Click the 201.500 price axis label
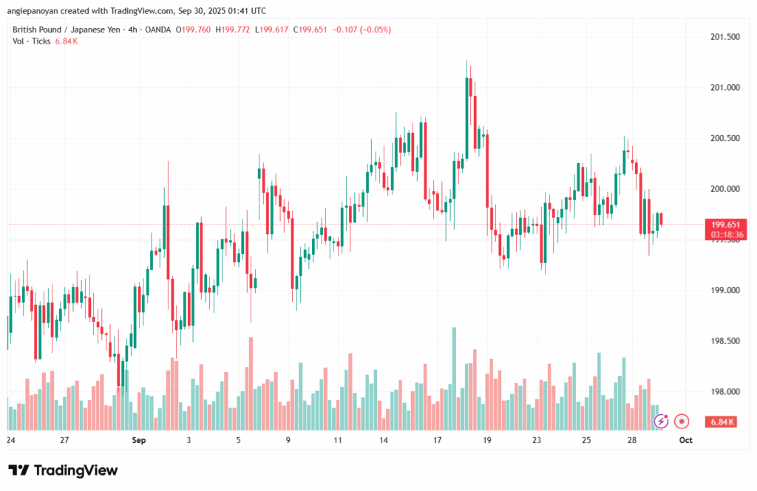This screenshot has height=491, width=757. (x=724, y=37)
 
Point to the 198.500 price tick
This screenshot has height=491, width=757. (x=724, y=341)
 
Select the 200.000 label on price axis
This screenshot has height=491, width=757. (x=724, y=189)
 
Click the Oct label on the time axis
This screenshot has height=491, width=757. (x=685, y=440)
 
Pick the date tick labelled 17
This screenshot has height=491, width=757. (x=438, y=440)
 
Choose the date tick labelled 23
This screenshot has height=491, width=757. (x=537, y=440)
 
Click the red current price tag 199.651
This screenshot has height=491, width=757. (x=727, y=224)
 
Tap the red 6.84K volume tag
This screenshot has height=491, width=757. (x=722, y=422)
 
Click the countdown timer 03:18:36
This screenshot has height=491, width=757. (x=727, y=235)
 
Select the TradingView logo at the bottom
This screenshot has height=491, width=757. (x=63, y=470)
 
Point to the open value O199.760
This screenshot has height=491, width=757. (x=193, y=30)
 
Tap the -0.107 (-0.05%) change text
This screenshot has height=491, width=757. (x=363, y=30)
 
